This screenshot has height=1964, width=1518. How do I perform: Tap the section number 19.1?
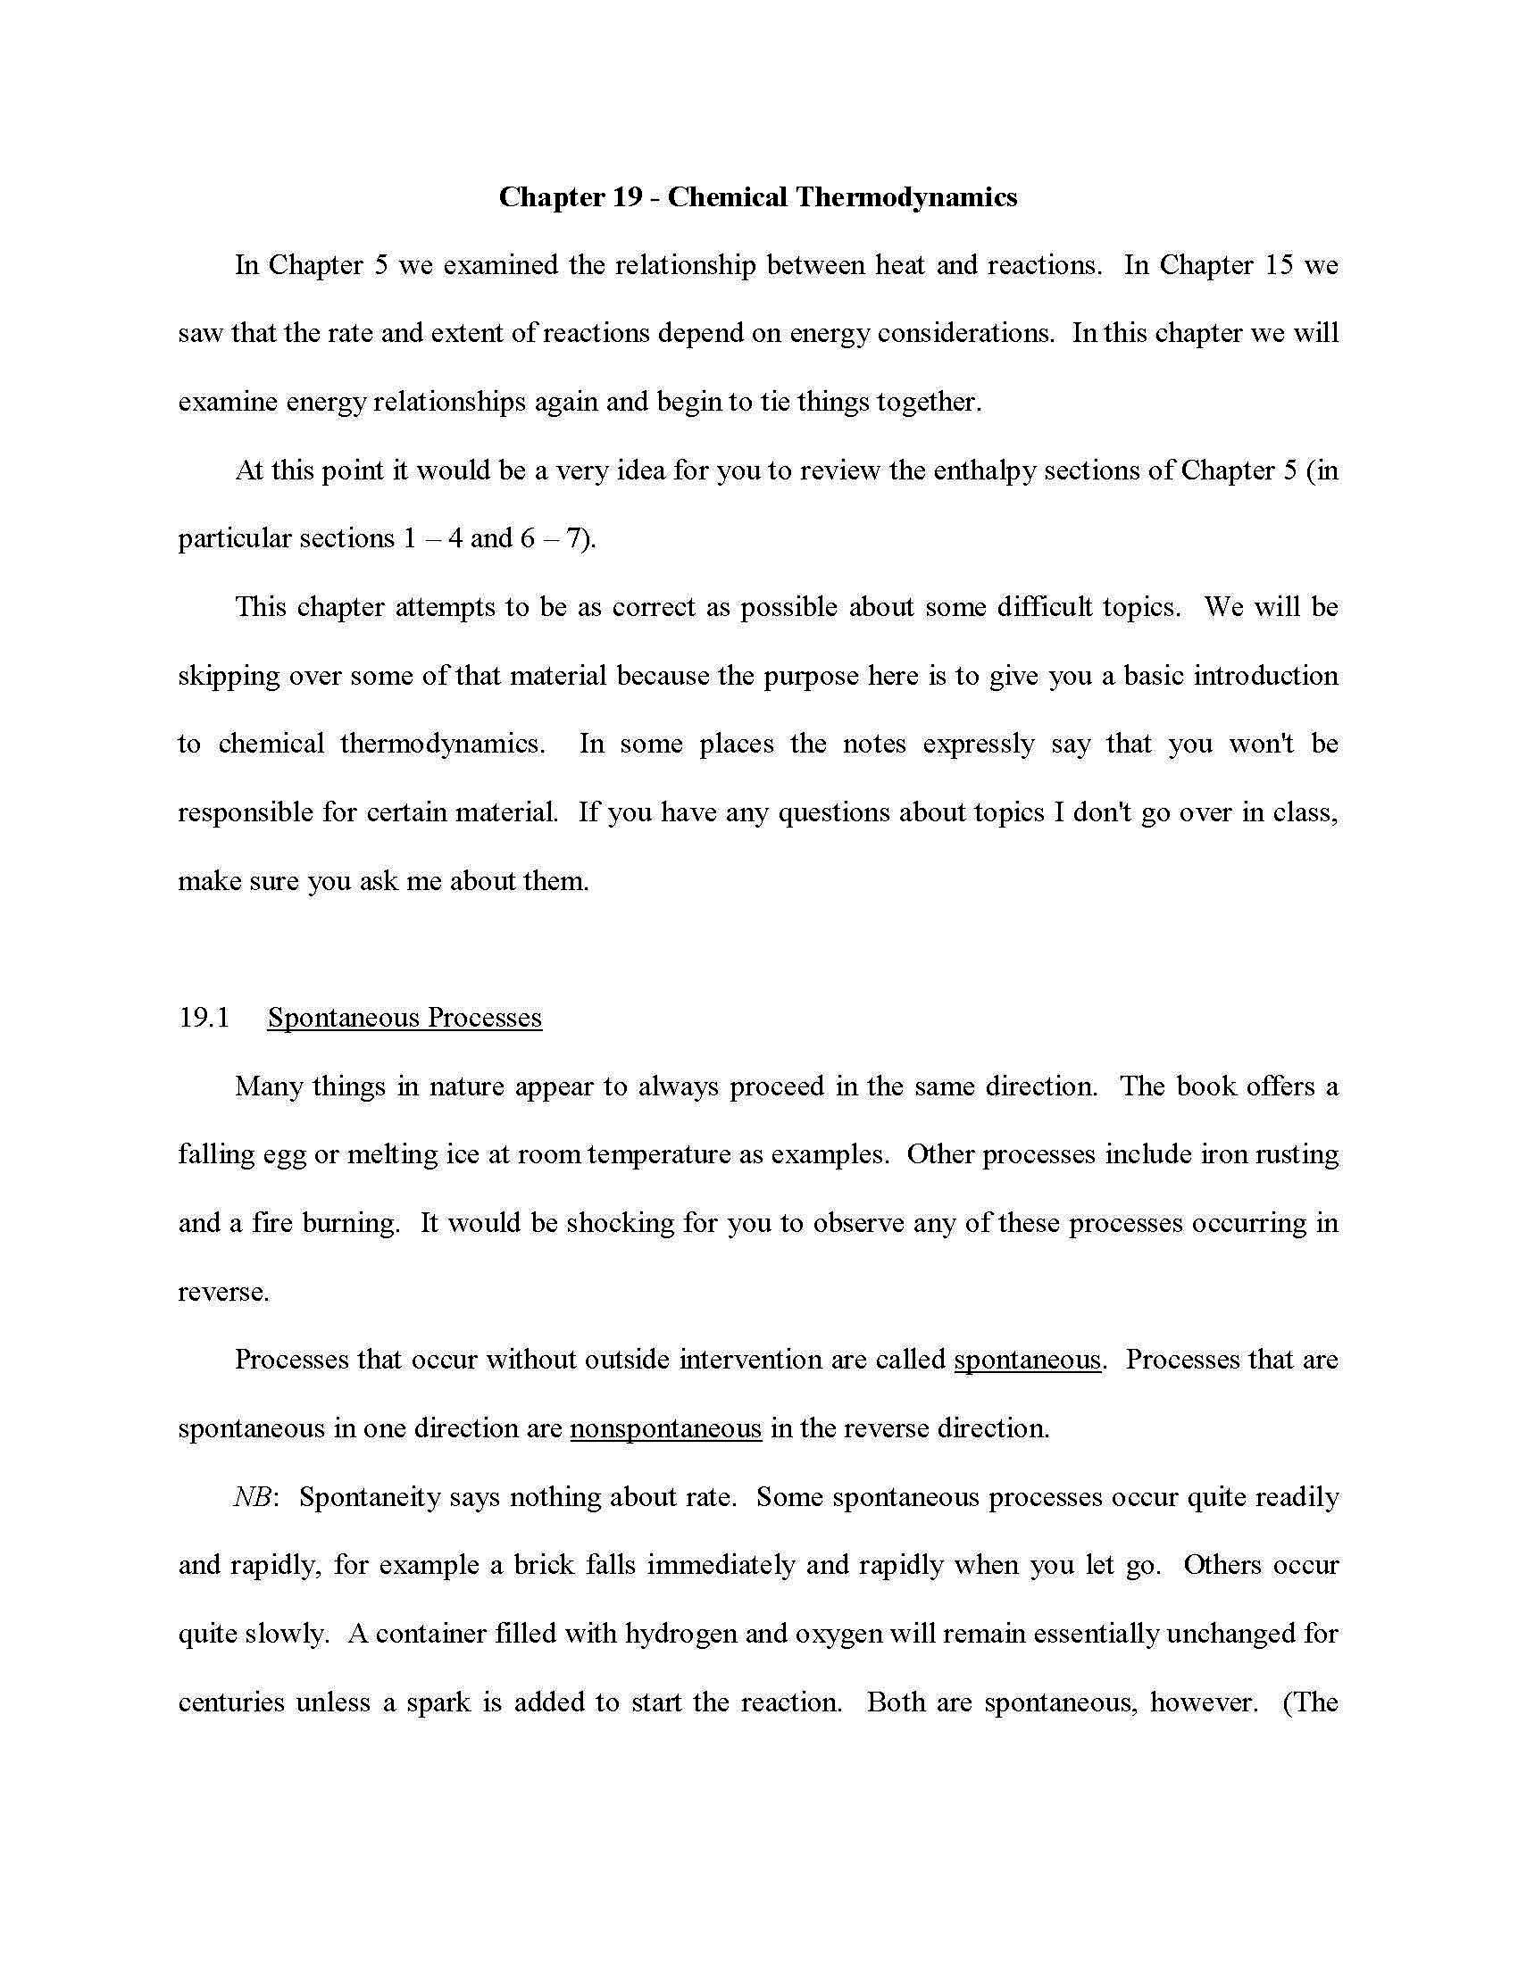pos(204,1017)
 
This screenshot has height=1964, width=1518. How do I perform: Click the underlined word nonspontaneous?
pos(665,1428)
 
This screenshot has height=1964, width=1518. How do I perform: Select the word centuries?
pos(231,1702)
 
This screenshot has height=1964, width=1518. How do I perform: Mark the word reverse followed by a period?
pos(222,1293)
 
